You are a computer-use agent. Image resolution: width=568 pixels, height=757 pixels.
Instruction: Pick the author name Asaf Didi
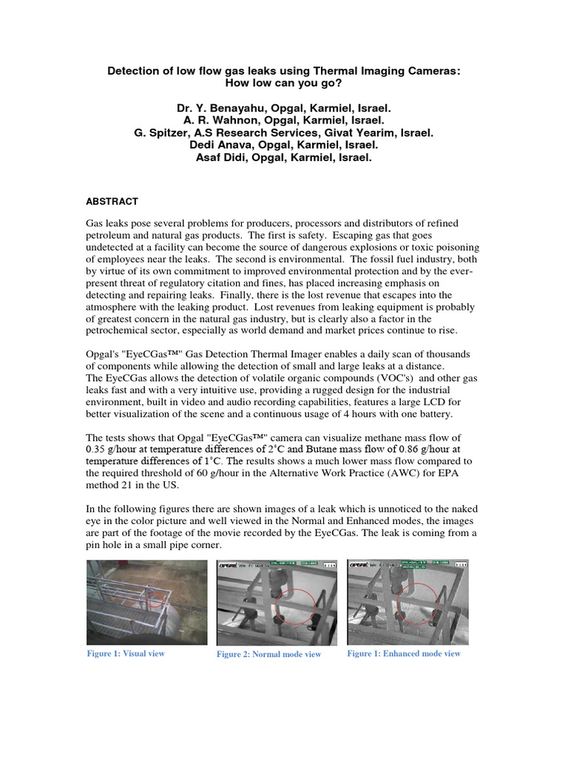tap(225, 157)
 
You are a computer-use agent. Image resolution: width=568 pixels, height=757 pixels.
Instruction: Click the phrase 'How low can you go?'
tap(284, 84)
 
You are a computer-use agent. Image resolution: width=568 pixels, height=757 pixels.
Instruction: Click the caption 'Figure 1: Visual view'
tap(126, 654)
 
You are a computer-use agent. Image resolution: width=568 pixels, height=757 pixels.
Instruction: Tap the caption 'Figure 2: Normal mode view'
tap(268, 655)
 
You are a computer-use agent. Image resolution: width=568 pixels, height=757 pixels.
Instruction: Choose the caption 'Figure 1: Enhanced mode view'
tap(403, 654)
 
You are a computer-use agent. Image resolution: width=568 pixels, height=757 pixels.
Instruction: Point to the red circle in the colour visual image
tap(154, 598)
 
